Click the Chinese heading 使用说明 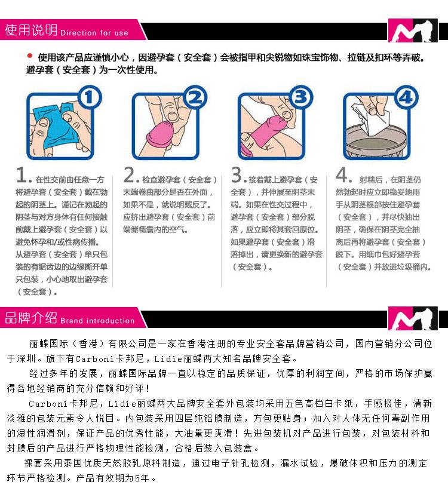31,30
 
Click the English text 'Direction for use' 94,33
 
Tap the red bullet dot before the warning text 30,56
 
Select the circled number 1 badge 89,97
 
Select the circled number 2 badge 195,97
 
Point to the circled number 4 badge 406,97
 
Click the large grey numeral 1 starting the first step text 22,175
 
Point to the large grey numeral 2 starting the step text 129,174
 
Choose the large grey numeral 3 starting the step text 237,174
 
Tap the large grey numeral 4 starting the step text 341,174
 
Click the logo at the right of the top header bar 413,30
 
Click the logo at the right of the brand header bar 413,318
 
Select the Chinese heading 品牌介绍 31,318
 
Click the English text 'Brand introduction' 97,321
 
